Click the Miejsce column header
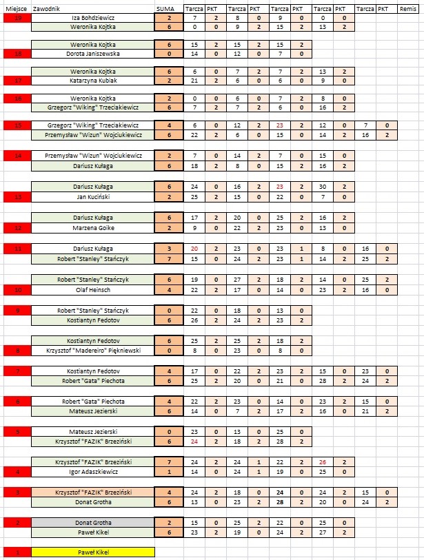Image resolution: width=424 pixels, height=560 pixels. point(15,6)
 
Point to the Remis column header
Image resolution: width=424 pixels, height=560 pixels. point(407,6)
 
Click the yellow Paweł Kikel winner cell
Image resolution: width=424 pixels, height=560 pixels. point(92,551)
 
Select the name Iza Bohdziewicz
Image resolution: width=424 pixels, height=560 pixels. point(92,17)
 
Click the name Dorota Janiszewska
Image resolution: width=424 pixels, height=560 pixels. point(92,53)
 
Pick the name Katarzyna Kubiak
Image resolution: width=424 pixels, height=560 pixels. point(92,80)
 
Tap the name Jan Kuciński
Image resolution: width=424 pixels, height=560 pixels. point(92,196)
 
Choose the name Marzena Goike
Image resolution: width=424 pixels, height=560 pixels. point(92,228)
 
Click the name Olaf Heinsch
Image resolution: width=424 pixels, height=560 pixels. point(92,290)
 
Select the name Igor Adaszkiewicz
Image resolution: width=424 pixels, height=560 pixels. point(92,472)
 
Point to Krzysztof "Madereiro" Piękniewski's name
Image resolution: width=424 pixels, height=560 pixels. point(92,351)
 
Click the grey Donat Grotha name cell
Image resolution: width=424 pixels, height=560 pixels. point(92,523)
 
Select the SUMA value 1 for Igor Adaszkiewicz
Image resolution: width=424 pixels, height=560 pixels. point(169,472)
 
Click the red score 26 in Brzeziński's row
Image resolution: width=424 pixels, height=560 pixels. point(322,463)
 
